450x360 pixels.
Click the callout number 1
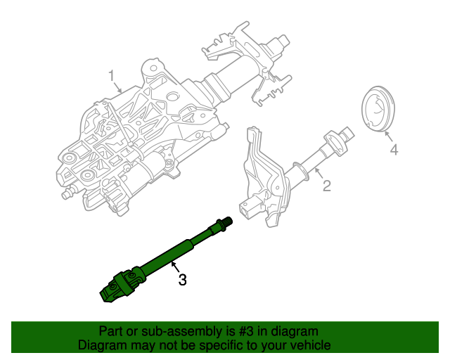[110, 75]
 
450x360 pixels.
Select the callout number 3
[182, 280]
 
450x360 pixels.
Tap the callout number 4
[394, 150]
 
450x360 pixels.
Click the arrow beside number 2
[318, 174]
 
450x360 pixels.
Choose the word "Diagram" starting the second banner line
[102, 345]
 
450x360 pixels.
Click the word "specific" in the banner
[210, 345]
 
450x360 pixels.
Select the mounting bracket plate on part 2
[257, 169]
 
